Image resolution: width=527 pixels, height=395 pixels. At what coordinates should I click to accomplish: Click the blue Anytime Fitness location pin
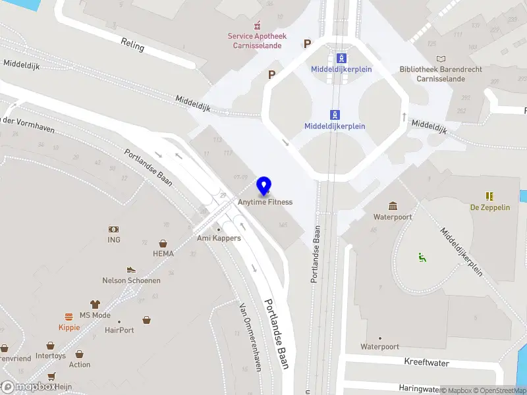[264, 186]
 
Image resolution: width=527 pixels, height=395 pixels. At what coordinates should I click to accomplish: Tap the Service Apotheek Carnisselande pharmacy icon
[257, 26]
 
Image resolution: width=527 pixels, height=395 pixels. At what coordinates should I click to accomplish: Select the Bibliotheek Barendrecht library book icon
[441, 58]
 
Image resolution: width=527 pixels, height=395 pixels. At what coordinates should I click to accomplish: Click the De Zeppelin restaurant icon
[489, 196]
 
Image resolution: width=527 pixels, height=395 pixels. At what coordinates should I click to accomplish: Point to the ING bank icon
[114, 229]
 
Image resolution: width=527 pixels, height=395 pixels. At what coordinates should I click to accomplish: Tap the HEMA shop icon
[163, 244]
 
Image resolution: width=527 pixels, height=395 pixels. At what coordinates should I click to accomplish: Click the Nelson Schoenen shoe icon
[131, 270]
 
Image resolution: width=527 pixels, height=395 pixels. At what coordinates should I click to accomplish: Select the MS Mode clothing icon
[95, 304]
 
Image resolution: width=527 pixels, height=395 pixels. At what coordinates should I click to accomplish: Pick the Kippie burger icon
[69, 317]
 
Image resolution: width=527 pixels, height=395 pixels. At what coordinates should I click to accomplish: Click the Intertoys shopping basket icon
[50, 346]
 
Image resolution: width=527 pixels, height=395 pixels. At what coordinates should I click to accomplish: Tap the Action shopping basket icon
[79, 354]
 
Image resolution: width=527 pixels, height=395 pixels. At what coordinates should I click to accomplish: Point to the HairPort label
[119, 330]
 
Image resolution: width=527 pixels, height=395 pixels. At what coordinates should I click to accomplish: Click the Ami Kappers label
[219, 238]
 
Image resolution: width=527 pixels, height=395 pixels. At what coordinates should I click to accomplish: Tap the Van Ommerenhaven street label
[249, 337]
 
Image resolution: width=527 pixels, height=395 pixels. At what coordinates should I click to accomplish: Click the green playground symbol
[422, 257]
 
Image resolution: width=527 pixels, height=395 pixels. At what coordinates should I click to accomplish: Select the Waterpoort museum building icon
[393, 206]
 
